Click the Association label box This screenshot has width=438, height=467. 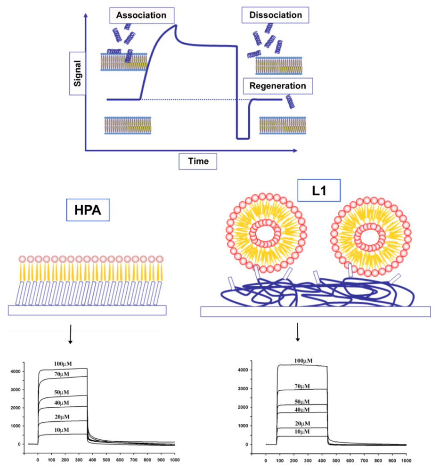pyautogui.click(x=141, y=15)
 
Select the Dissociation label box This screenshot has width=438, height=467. pyautogui.click(x=275, y=15)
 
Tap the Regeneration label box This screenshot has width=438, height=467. pyautogui.click(x=278, y=86)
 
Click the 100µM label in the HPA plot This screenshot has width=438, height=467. pyautogui.click(x=63, y=364)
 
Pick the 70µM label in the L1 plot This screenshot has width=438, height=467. pyautogui.click(x=302, y=386)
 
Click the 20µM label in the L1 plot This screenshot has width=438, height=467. pyautogui.click(x=302, y=423)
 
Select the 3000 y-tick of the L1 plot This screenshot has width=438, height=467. pyautogui.click(x=253, y=389)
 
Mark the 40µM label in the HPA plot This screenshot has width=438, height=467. pyautogui.click(x=63, y=403)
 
